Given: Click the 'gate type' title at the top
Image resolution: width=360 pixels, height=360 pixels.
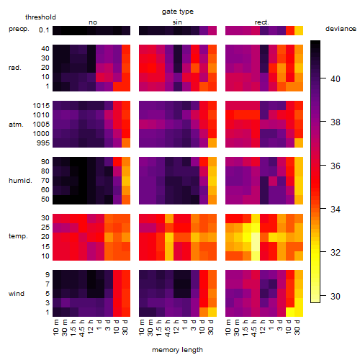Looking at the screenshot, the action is [178, 12].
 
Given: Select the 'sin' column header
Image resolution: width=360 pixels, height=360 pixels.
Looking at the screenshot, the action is [177, 22].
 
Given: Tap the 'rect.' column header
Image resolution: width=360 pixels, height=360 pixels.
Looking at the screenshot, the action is [261, 22].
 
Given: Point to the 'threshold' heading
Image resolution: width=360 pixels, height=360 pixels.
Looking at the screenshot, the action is [40, 17].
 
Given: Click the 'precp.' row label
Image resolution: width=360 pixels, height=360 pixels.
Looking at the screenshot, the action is [19, 29].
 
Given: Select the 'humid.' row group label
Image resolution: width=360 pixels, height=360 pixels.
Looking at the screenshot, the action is [20, 180].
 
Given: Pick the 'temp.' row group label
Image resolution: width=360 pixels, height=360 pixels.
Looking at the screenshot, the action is [18, 236].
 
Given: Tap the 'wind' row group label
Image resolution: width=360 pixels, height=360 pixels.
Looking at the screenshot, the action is [17, 293].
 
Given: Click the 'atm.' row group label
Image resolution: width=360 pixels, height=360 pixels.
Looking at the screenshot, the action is [16, 125].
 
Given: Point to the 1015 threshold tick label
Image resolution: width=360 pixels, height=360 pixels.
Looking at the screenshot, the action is [41, 105].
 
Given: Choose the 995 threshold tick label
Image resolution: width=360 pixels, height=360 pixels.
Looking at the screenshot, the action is [43, 143].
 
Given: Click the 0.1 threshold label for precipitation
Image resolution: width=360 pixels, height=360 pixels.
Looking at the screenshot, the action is [44, 30].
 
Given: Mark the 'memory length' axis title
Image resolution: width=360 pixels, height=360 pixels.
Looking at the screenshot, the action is [177, 350].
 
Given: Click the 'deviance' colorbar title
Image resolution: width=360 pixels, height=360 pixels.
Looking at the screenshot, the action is [341, 29].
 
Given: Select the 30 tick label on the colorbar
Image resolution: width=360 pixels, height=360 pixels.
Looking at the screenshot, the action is [336, 296].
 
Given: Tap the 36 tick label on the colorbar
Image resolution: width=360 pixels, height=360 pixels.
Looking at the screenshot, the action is [336, 166].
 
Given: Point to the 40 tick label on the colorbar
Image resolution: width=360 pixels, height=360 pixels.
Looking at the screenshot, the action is [336, 78].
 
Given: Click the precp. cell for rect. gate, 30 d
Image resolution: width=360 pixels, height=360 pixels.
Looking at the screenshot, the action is [299, 30].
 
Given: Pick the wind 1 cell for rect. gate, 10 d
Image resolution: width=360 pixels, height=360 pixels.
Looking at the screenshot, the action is [290, 312].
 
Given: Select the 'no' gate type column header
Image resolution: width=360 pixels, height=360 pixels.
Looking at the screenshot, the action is [93, 22].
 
